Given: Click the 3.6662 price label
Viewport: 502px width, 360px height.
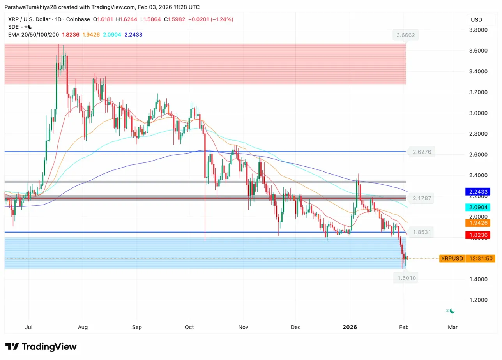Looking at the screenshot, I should coord(406,35).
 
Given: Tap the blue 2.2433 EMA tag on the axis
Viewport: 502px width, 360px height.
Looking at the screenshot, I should coord(479,192).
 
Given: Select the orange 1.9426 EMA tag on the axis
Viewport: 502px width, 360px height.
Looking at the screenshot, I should coord(479,223).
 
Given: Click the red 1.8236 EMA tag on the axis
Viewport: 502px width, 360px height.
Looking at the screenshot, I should coord(479,235).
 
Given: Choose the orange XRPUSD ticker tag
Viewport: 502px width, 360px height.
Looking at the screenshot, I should coord(452,258).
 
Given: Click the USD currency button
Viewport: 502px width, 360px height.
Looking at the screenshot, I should coord(476,20).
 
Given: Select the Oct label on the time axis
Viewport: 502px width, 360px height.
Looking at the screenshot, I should coord(189,327).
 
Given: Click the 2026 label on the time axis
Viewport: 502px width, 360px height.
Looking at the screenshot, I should coord(350,327).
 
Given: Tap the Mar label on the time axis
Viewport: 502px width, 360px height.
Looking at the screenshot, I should coord(453,327).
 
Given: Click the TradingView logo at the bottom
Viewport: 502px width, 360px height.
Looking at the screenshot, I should coord(41,347).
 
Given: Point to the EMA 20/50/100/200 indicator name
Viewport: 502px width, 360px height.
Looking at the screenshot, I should coord(34,35).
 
